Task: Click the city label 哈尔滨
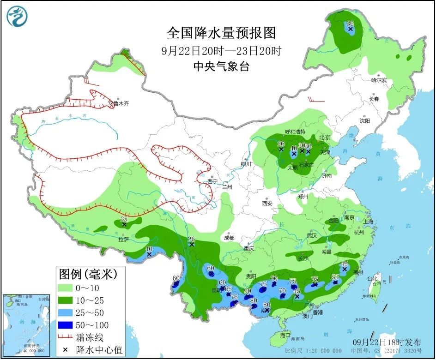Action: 378,80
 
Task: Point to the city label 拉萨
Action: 123,240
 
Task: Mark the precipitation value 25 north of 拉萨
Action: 123,219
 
